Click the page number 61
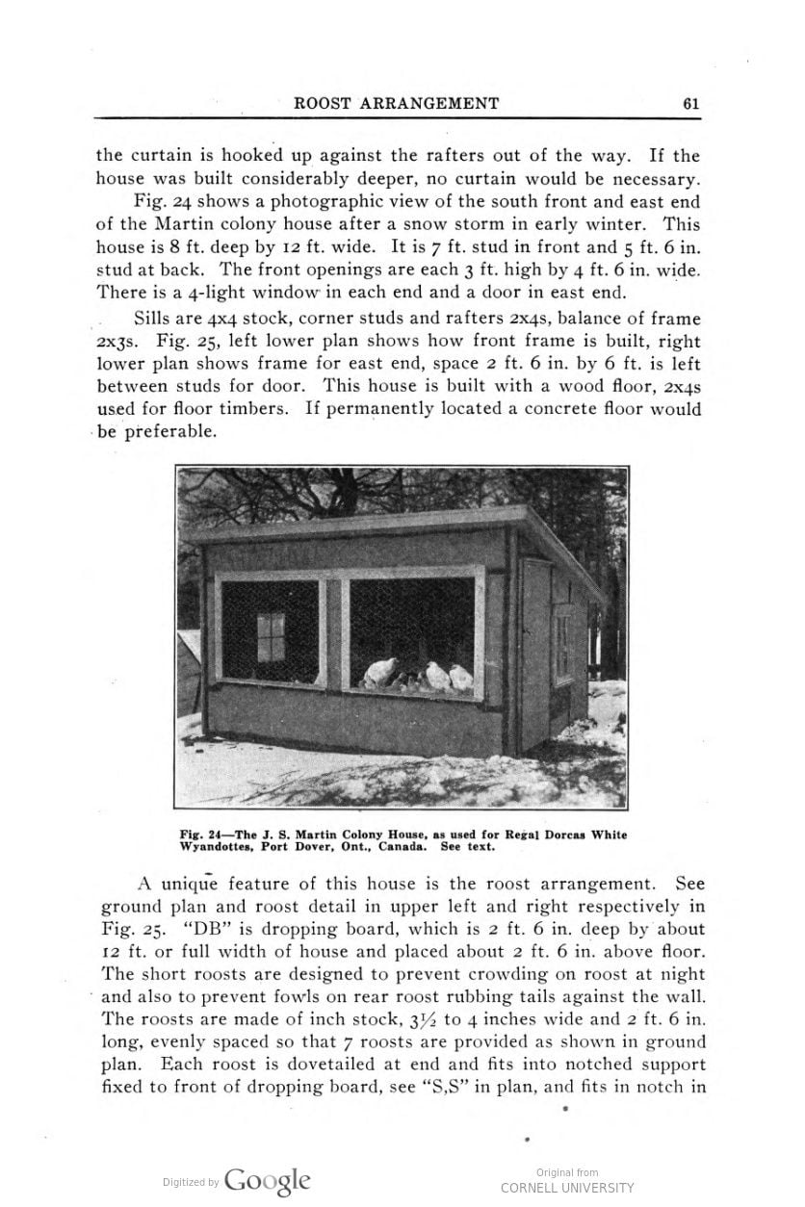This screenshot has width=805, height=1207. coord(689,104)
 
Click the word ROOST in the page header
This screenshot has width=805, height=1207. coord(325,104)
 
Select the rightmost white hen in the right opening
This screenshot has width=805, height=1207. coord(461,678)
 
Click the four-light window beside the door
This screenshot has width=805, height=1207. coord(563,647)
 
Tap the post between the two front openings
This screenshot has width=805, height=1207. coord(334,634)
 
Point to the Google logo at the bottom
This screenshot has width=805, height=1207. coord(268,1181)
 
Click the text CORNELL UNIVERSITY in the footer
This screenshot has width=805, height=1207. coord(567,1188)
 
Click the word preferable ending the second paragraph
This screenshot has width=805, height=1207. coord(157,431)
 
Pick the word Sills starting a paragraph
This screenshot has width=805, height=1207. coord(157,319)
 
